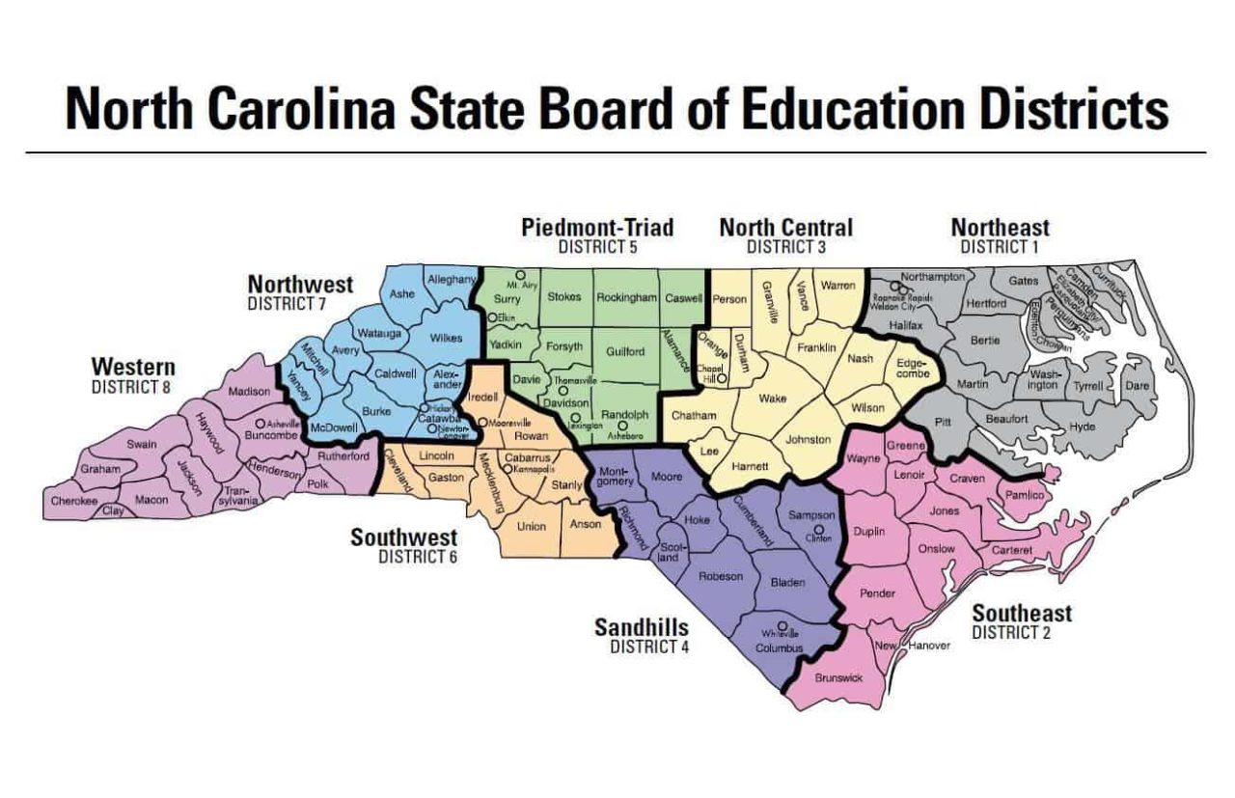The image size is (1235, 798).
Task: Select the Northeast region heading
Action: pos(1000,228)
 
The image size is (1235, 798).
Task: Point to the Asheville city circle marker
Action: pos(260,424)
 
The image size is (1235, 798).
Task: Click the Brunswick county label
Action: pos(837,678)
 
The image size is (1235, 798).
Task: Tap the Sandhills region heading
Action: pos(640,628)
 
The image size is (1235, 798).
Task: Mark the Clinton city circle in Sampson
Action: pos(818,529)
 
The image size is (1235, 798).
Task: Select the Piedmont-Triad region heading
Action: pos(597,228)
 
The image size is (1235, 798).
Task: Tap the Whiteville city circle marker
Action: pos(782,624)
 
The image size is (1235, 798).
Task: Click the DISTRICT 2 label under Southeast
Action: pos(1011,633)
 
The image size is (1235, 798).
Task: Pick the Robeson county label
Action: pos(721,576)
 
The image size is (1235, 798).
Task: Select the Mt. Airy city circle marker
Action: pos(519,275)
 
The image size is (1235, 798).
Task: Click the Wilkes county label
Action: pos(446,338)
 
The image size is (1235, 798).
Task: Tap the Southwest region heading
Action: pos(403,537)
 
